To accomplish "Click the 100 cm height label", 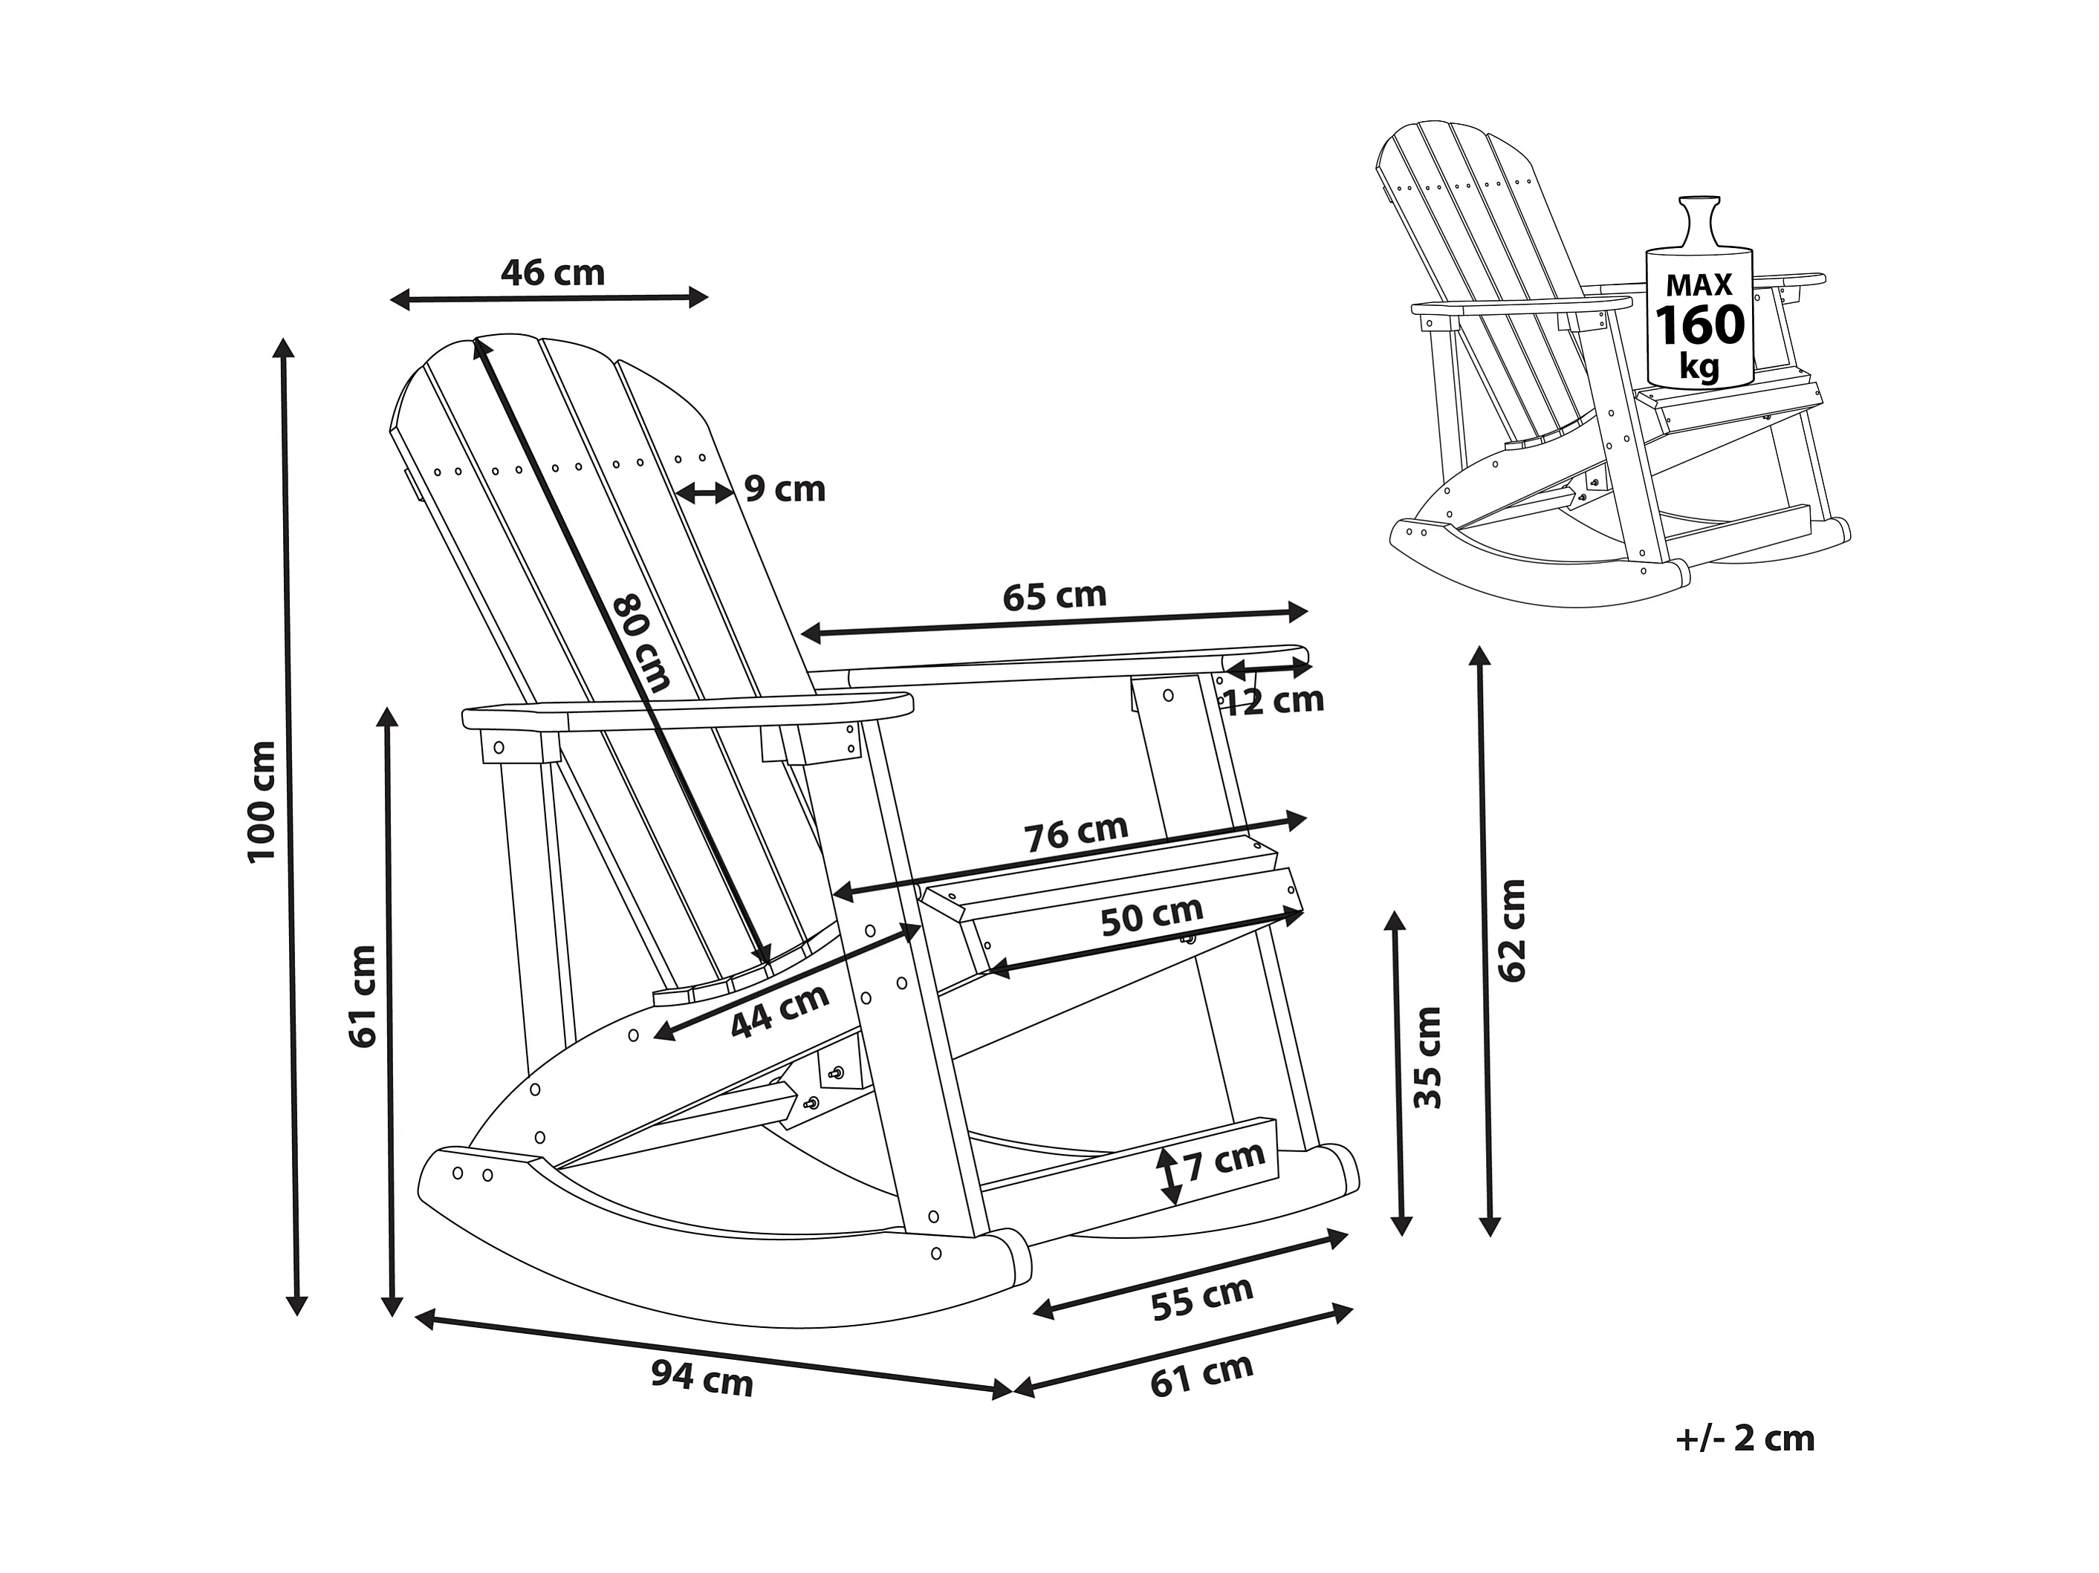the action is (261, 801).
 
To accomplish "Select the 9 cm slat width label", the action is (784, 489).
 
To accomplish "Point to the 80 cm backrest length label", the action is (641, 642).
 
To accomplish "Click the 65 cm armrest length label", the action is (1054, 596).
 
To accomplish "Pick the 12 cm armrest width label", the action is (1273, 700).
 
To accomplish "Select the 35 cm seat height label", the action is (1427, 1058).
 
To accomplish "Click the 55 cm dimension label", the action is (1202, 1299).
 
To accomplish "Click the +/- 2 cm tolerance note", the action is (1745, 1439).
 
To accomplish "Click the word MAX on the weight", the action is (1699, 284).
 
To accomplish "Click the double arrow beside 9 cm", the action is (704, 492).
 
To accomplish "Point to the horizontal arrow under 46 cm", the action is (549, 299).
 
